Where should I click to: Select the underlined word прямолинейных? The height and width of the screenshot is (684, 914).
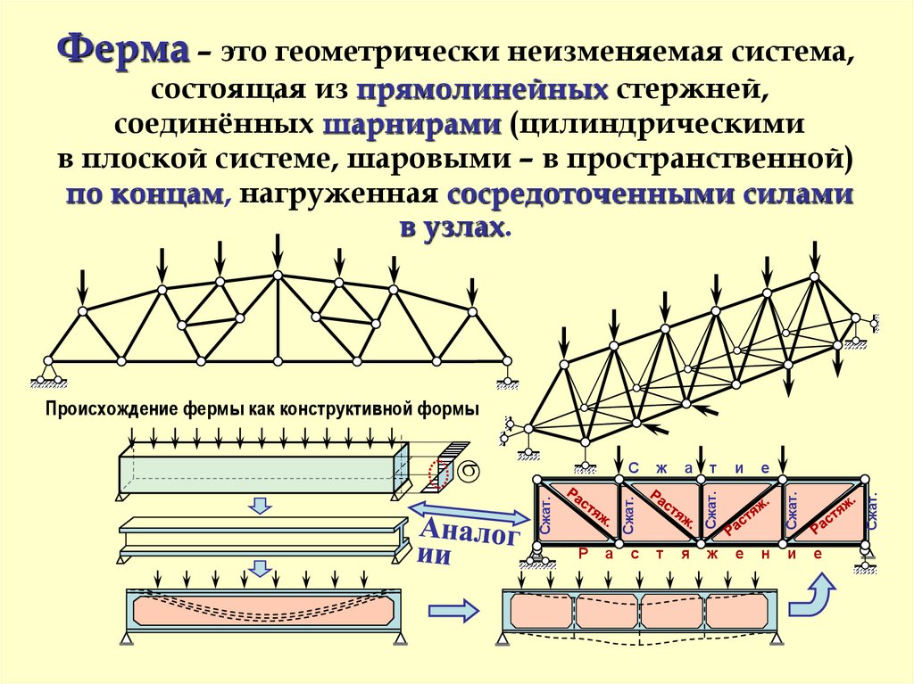tap(483, 89)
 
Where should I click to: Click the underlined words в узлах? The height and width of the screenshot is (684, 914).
tap(455, 227)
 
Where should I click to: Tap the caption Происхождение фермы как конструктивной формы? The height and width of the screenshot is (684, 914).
tap(262, 410)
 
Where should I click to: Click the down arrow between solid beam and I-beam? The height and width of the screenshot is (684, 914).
tap(259, 506)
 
